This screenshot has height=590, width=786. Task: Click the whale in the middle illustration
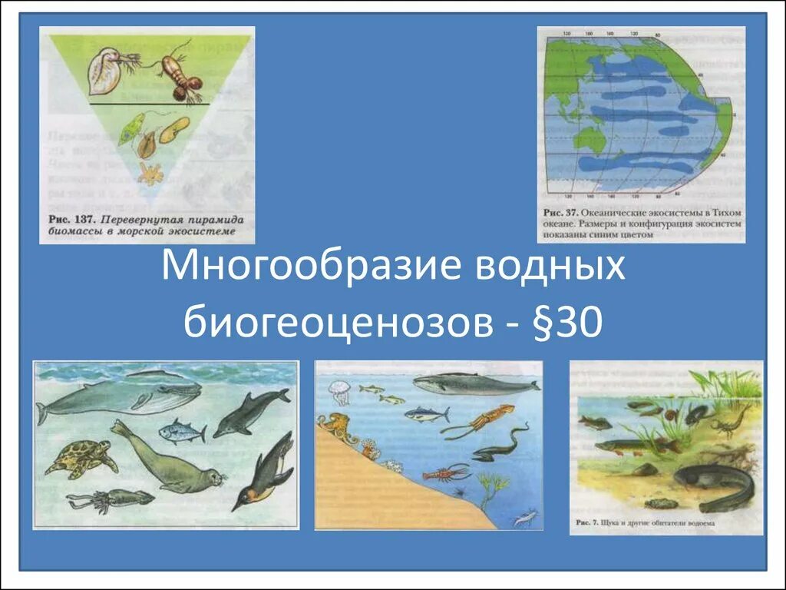click(x=468, y=383)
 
